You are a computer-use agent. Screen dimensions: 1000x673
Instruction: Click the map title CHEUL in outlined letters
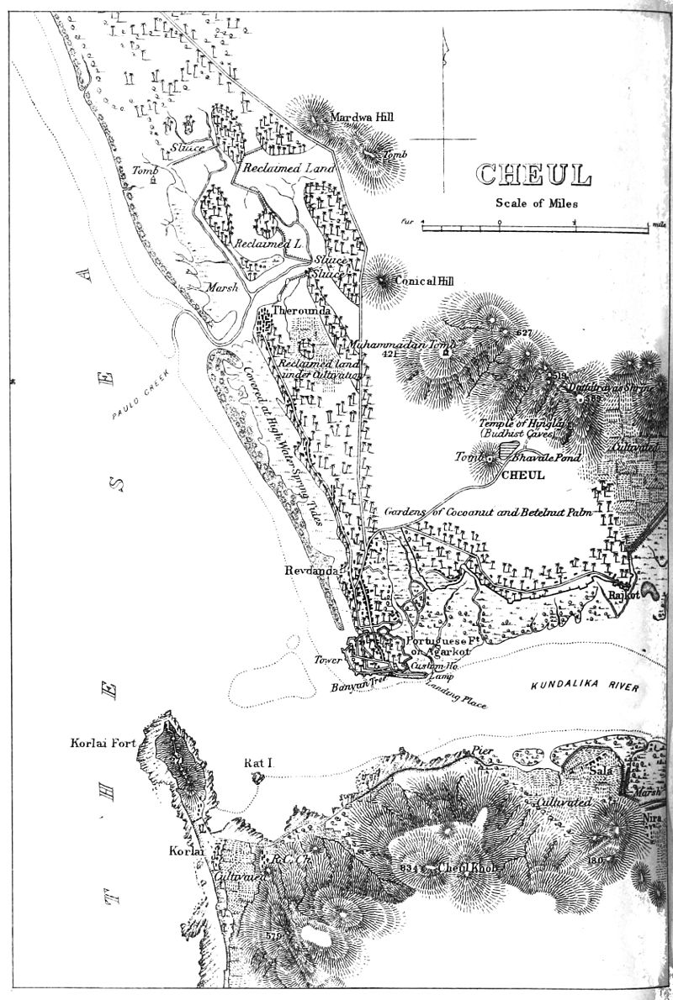(534, 175)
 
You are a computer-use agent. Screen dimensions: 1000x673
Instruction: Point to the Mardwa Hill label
(361, 117)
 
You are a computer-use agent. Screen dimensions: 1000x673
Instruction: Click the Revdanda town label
(311, 571)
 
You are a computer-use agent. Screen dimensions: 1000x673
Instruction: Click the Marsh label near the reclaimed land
(221, 287)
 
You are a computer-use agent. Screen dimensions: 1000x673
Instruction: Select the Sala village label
(601, 769)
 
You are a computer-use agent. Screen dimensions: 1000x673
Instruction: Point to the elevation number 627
(525, 334)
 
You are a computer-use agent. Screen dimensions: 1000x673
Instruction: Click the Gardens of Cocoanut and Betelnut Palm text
(489, 511)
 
